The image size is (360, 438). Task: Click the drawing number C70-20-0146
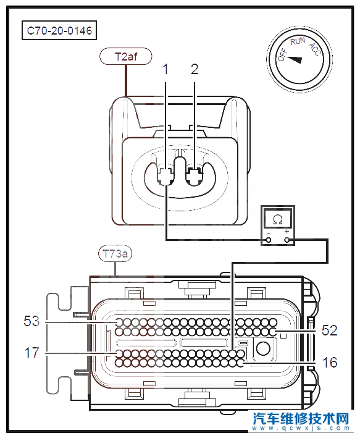[x=59, y=30]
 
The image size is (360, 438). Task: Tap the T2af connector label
[x=126, y=57]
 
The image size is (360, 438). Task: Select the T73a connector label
[x=115, y=254]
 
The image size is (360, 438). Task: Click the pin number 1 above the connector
[x=165, y=69]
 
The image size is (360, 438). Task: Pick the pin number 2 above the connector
[x=195, y=69]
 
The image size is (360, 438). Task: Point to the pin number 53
[x=31, y=321]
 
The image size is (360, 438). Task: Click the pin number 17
[x=31, y=353]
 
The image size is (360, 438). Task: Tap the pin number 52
[x=330, y=331]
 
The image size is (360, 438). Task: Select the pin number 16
[x=330, y=362]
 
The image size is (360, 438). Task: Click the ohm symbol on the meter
[x=278, y=221]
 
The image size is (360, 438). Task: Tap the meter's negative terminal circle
[x=269, y=240]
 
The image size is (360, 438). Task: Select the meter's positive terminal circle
[x=287, y=240]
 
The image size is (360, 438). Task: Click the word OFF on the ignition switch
[x=282, y=55]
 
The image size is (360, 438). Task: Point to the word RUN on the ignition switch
[x=298, y=41]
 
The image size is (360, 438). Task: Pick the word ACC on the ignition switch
[x=315, y=49]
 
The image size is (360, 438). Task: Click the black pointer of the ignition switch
[x=295, y=59]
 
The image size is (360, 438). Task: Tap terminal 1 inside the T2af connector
[x=165, y=177]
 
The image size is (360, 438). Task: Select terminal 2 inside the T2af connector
[x=194, y=177]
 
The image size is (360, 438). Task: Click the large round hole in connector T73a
[x=263, y=348]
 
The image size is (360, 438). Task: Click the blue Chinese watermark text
[x=301, y=419]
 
